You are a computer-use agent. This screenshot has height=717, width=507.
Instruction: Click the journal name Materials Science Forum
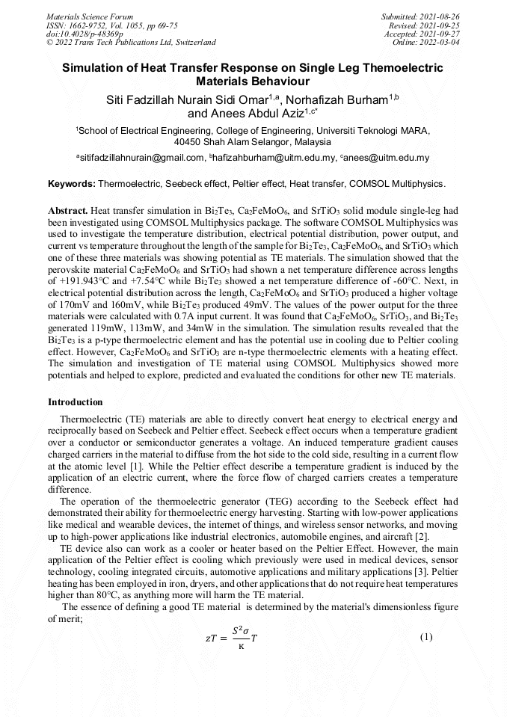click(90, 16)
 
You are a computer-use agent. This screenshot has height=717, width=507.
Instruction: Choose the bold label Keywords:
click(72, 184)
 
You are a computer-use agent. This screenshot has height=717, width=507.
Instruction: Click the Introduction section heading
click(76, 402)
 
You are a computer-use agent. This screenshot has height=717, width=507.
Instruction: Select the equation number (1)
click(425, 637)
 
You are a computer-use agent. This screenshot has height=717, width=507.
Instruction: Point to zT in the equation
click(212, 638)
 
